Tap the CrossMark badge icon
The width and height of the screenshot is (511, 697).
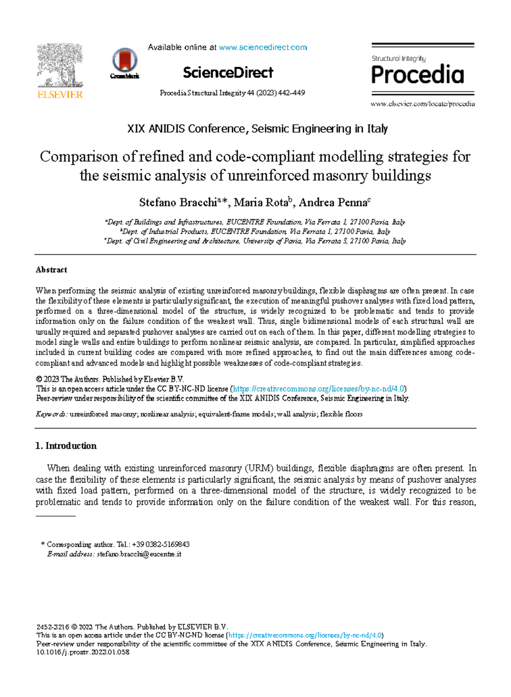coord(124,62)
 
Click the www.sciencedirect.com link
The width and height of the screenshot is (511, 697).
coord(263,47)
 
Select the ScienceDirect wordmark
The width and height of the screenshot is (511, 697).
coord(228,73)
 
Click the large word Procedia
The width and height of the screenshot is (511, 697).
coord(417,75)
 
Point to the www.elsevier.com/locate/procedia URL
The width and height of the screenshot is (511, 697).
coord(422,104)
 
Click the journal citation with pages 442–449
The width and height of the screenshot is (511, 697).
coord(232,93)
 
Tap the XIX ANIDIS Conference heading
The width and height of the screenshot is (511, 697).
coord(257,129)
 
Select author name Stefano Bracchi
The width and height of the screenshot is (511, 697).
coord(178,203)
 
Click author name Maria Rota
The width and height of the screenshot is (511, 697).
coord(261,203)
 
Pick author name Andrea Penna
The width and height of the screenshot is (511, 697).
coord(332,203)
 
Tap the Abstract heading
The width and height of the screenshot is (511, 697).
coord(51,270)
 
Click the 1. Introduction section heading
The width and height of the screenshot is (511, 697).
coord(66,446)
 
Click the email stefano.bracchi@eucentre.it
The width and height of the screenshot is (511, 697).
coord(139,554)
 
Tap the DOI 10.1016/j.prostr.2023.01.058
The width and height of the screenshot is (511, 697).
coord(83,652)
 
